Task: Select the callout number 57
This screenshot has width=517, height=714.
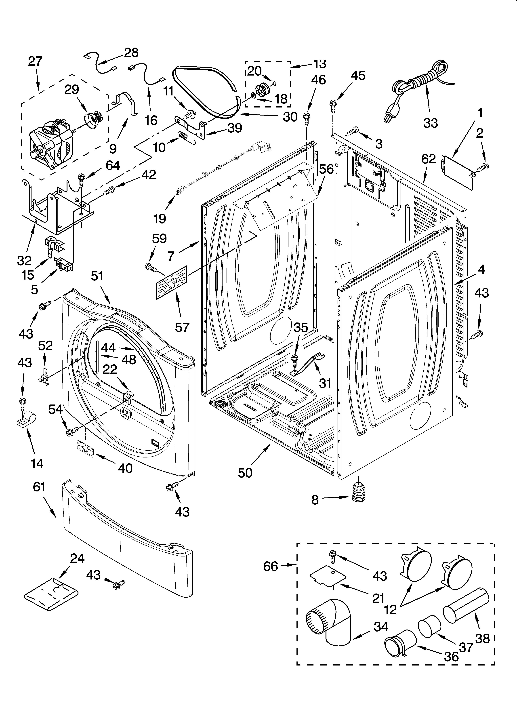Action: tap(182, 327)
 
